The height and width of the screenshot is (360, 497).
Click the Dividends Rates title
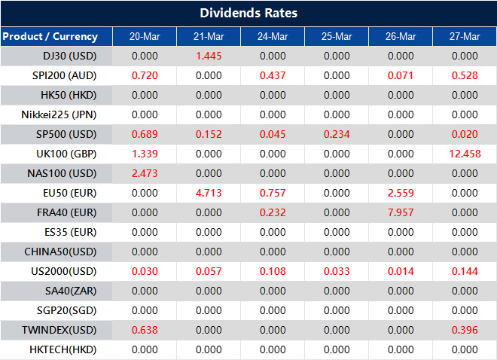tap(248, 14)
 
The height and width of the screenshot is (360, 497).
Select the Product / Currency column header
tap(50, 36)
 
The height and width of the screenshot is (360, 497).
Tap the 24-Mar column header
tap(272, 36)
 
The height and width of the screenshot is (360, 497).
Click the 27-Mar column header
tap(465, 36)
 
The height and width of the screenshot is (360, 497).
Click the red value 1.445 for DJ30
tap(208, 56)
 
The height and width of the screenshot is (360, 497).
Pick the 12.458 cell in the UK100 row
tap(465, 154)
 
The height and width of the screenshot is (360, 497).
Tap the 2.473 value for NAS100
tap(144, 173)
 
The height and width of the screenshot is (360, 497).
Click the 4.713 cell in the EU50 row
tap(208, 193)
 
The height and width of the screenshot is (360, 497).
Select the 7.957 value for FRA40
tap(401, 212)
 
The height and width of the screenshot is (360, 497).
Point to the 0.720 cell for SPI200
tap(144, 75)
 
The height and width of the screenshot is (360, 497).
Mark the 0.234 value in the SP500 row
tap(336, 134)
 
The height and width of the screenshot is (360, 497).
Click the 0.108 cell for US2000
tap(272, 271)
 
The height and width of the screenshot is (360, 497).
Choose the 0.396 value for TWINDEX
tap(465, 330)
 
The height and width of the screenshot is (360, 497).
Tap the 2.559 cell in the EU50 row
tap(401, 193)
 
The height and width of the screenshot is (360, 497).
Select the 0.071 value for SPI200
tap(401, 75)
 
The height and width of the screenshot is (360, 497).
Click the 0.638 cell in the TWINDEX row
tap(144, 330)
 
